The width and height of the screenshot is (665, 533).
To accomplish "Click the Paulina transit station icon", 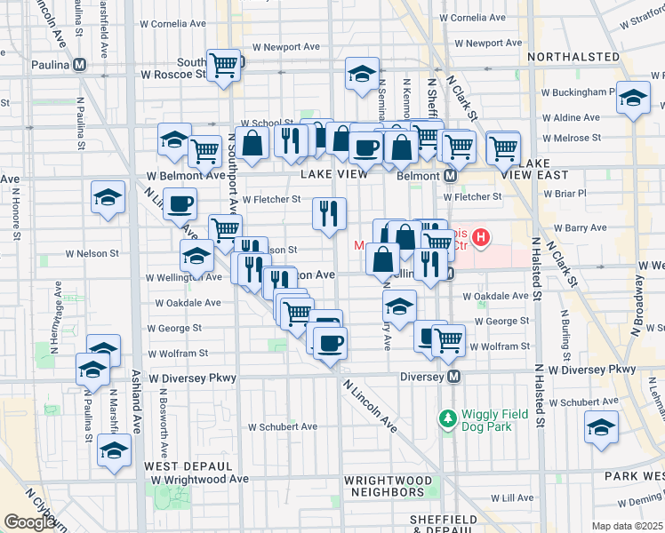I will click(x=80, y=64).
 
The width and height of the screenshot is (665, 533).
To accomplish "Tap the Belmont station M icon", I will click(x=451, y=176).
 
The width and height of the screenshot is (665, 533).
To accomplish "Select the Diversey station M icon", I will click(x=454, y=377).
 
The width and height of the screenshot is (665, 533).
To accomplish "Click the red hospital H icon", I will click(x=481, y=237).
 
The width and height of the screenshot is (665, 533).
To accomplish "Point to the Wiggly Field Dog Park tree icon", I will click(x=446, y=416).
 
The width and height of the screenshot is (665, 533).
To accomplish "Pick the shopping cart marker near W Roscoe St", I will click(x=224, y=65).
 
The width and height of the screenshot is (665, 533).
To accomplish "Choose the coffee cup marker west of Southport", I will click(x=180, y=203).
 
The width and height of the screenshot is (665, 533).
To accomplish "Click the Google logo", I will click(x=30, y=522).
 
